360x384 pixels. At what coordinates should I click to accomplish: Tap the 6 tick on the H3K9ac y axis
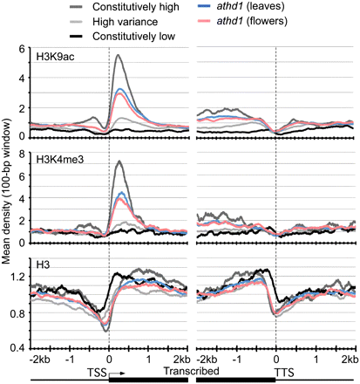[22, 51]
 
